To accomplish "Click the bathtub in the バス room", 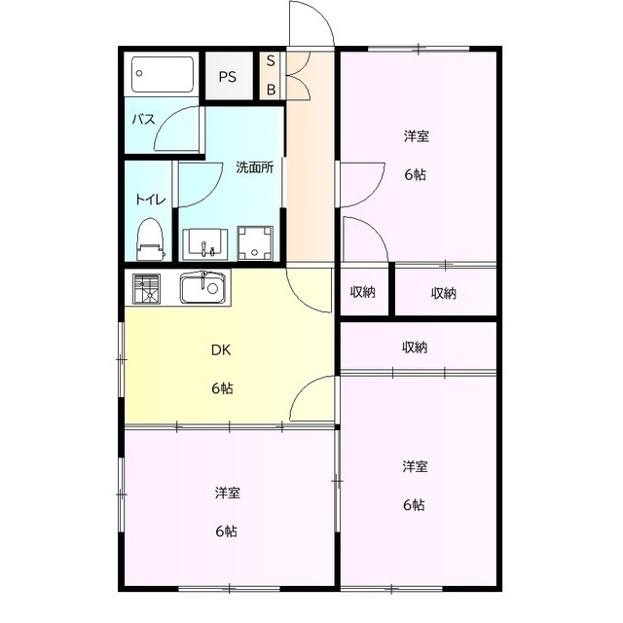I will coord(163,74).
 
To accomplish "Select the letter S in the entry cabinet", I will coord(272,61).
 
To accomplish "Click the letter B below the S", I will coord(272,89).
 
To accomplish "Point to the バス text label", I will coord(143,120).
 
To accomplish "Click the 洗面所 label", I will coord(255,166).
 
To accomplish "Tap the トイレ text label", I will coord(149,200).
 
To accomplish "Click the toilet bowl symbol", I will coord(149,237).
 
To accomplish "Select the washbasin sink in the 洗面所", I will coord(205,243).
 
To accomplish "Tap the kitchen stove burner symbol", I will coord(147,289).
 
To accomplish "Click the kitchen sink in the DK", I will coord(203,287).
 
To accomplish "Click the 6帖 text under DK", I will coord(222,388).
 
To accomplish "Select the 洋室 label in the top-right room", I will coord(417,136).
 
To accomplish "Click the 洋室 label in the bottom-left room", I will coord(228,494).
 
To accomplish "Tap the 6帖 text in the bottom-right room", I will coord(415,504).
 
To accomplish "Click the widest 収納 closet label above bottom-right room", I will coord(415,347).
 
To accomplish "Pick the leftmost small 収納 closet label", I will coord(363,293).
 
